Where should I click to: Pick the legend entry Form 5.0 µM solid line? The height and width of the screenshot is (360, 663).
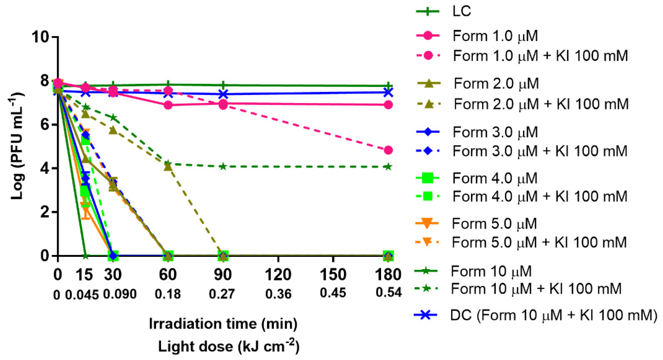[494, 223]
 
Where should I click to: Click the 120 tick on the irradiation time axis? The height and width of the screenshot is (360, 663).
[278, 275]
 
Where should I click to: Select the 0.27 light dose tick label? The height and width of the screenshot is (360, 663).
[222, 294]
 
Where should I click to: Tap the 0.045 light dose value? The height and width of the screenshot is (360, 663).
[82, 295]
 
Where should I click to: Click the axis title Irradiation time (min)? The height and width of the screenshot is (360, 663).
[223, 324]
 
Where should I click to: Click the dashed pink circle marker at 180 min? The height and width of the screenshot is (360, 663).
[388, 150]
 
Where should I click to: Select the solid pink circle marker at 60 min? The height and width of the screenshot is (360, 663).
[168, 105]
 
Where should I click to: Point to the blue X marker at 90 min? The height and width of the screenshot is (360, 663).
[223, 94]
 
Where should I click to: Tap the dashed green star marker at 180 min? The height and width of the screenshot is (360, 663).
[388, 167]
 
